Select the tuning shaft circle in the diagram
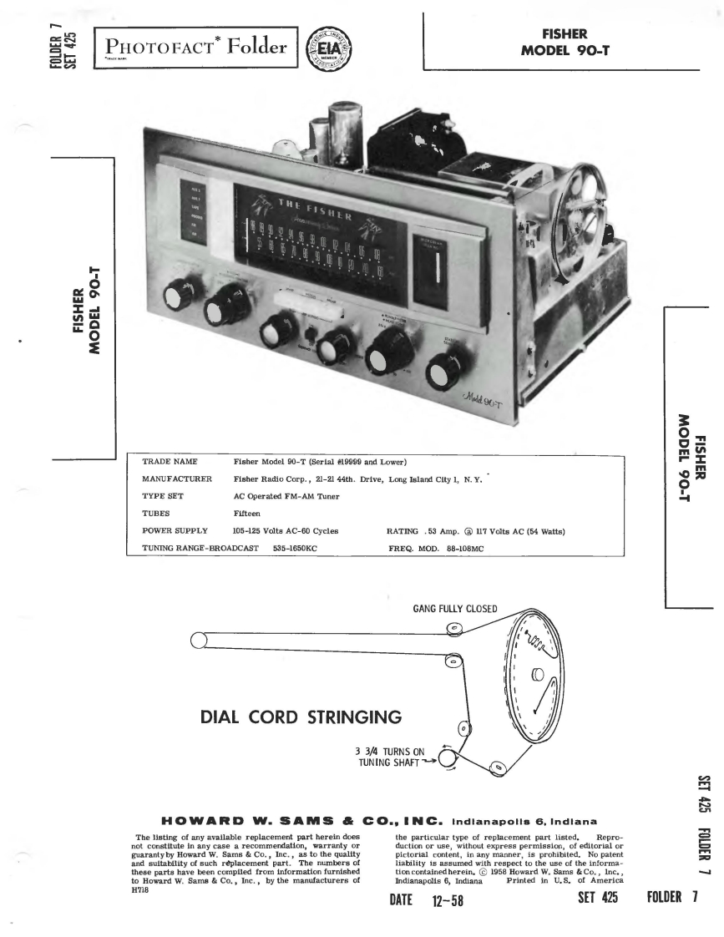(x=442, y=759)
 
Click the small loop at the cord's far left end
(x=199, y=641)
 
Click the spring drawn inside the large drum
(x=536, y=644)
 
